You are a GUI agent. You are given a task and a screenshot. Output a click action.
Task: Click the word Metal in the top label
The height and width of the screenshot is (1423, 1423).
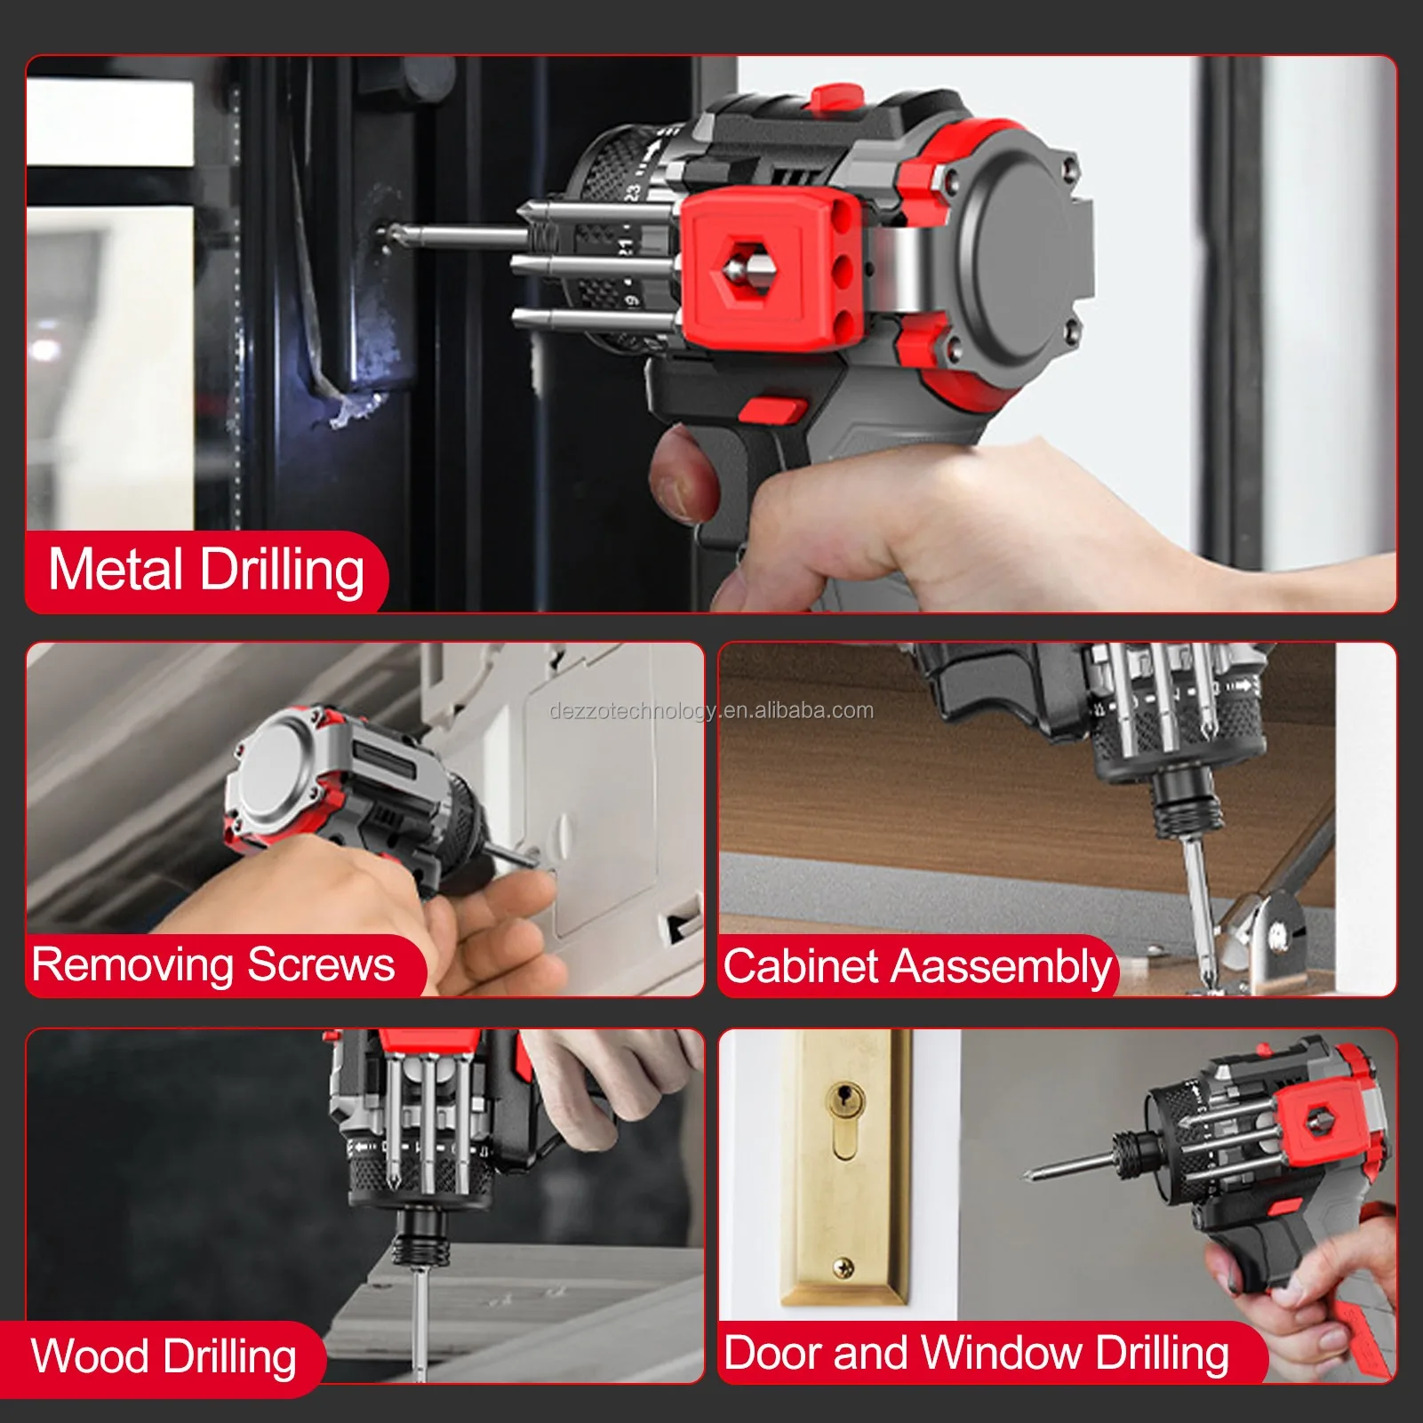coord(115,570)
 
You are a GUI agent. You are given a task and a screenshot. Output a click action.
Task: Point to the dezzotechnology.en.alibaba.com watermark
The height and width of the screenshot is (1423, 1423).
coord(711,711)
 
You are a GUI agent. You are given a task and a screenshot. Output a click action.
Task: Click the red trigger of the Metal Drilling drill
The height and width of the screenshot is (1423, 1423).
coord(771,411)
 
